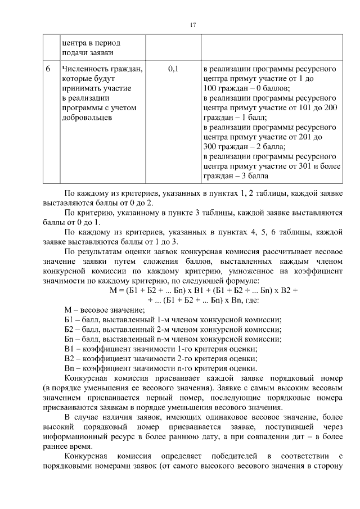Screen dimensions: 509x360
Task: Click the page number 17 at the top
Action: pos(192,25)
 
